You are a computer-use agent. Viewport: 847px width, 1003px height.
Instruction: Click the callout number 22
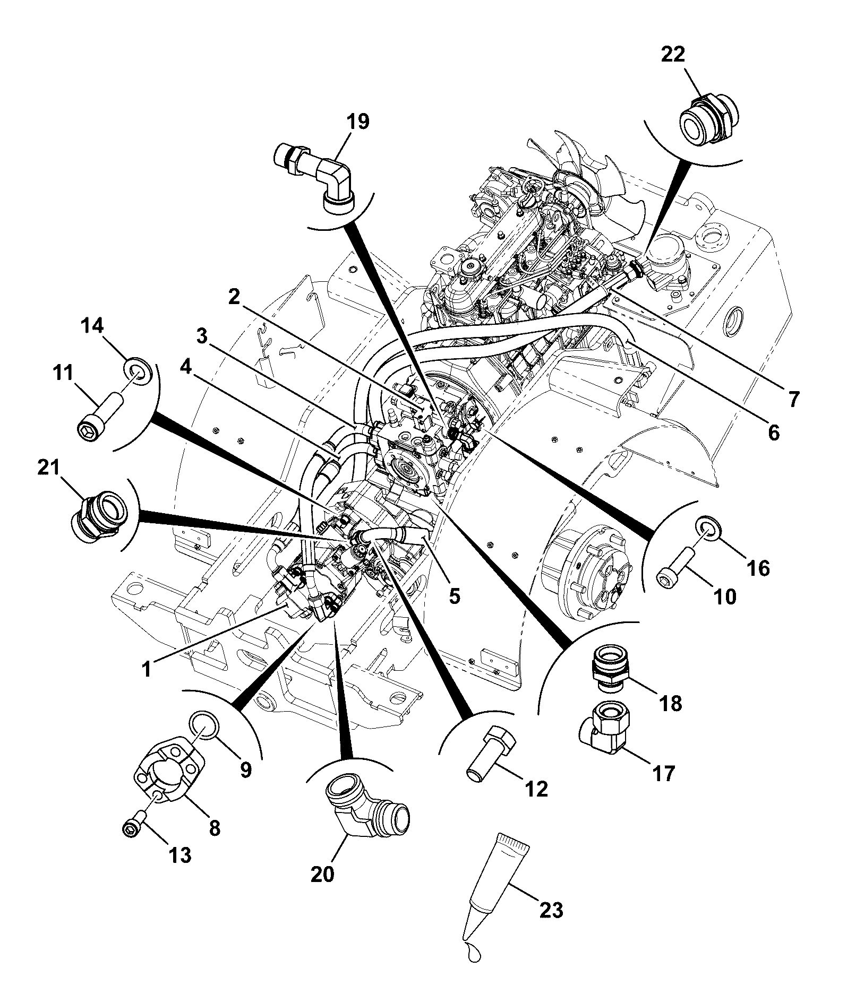pos(673,55)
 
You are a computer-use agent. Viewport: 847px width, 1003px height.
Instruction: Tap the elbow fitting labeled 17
pos(605,726)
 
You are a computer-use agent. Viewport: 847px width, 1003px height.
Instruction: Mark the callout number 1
pos(147,669)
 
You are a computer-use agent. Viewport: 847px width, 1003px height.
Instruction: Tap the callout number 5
pos(455,595)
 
